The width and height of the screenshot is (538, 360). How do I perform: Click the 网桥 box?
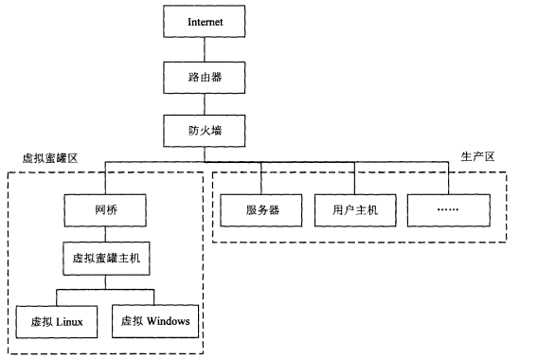[x=104, y=208]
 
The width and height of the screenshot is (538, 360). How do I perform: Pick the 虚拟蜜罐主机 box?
[x=104, y=257]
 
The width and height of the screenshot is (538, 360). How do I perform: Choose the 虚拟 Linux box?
[x=57, y=321]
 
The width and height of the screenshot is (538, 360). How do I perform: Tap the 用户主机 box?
[x=355, y=209]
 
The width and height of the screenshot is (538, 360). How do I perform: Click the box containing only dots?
[x=449, y=209]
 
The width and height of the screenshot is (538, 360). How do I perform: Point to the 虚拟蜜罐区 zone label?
[x=48, y=157]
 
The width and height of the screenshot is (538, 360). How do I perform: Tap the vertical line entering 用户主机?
[x=355, y=178]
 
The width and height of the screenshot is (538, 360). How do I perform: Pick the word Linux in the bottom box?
[x=69, y=322]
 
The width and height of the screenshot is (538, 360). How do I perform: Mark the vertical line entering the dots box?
[x=449, y=178]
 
